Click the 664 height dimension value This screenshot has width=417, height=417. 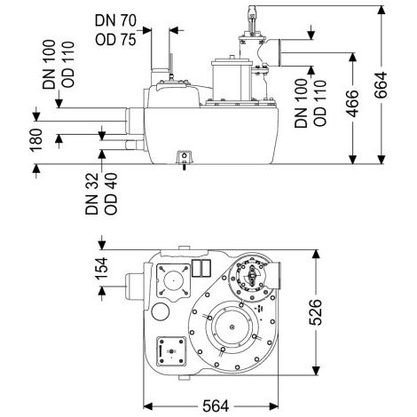click(381, 84)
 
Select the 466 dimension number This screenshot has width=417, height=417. click(352, 104)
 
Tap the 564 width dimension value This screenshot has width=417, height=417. click(216, 406)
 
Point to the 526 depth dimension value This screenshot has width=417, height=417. click(315, 312)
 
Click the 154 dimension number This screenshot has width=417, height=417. click(101, 268)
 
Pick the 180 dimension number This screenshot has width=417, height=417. click(36, 140)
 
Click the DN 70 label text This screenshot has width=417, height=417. click(115, 20)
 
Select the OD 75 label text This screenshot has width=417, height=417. click(115, 39)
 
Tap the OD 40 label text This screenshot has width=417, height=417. click(111, 193)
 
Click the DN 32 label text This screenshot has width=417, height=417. click(91, 193)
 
